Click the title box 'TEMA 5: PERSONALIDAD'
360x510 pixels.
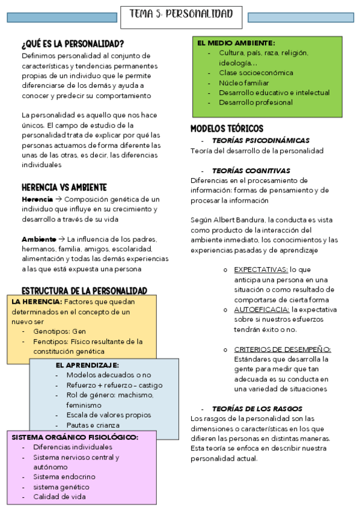(181, 14)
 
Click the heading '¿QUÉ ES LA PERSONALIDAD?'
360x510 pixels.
(73, 44)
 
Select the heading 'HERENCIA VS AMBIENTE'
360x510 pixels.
(64, 186)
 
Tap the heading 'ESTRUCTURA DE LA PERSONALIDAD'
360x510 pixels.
(84, 290)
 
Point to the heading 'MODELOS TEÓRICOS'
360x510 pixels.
(227, 129)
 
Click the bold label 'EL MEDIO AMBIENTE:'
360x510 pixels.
(236, 43)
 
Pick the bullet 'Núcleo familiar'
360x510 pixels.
(244, 82)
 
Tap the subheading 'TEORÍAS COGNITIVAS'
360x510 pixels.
(251, 170)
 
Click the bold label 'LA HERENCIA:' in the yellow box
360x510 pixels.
(37, 301)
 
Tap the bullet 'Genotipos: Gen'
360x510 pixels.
(60, 331)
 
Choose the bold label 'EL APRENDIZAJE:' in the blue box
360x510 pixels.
(87, 365)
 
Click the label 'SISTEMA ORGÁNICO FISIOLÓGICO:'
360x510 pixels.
(75, 437)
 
